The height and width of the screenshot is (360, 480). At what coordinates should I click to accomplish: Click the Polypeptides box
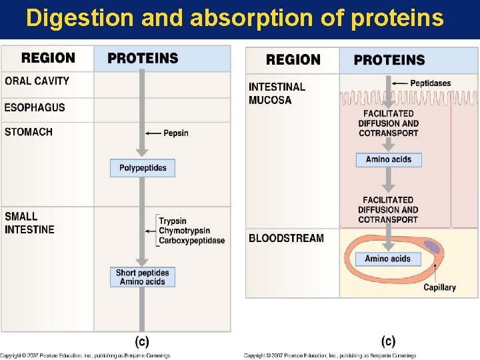(143, 168)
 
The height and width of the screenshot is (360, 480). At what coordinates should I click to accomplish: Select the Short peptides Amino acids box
(142, 277)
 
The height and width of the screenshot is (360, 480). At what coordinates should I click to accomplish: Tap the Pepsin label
(176, 133)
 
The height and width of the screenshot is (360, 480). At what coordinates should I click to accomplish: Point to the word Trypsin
(173, 221)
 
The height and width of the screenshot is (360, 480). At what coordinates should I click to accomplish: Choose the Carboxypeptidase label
(192, 241)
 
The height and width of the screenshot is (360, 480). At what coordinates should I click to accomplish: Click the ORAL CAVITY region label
(37, 81)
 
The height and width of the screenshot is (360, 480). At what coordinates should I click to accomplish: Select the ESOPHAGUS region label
(35, 107)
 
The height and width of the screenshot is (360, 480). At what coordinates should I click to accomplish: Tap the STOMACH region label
(29, 132)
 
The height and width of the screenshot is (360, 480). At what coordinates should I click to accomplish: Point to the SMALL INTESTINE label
(29, 223)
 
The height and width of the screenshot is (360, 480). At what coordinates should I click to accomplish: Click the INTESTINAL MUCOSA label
(277, 93)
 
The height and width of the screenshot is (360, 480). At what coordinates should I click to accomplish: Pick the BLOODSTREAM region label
(286, 238)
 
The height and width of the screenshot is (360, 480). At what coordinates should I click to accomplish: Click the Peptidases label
(431, 83)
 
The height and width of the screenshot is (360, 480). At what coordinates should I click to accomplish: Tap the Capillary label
(439, 287)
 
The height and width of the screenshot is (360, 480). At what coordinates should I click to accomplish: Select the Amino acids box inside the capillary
(388, 259)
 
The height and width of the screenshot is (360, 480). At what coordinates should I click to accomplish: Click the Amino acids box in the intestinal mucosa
(389, 160)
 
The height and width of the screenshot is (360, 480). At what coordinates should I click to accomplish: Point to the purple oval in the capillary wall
(433, 248)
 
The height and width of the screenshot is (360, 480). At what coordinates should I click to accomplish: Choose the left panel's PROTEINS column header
(143, 58)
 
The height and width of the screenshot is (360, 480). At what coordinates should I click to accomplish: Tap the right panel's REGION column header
(293, 60)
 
